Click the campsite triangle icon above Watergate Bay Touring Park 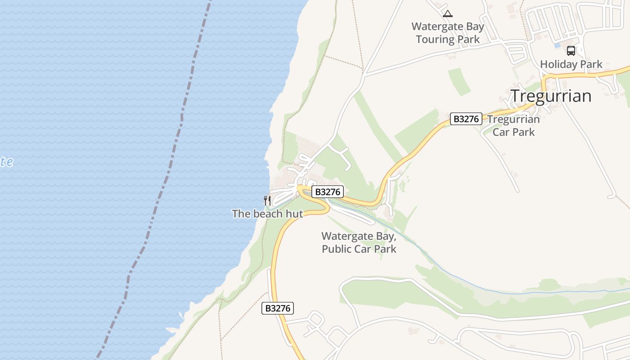[x=447, y=13]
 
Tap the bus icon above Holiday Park [x=571, y=51]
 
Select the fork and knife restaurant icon [x=267, y=200]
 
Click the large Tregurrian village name [x=551, y=96]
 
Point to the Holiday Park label [x=571, y=64]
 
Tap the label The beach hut [x=267, y=214]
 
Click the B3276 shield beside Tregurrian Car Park [x=466, y=119]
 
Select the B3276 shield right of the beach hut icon [x=328, y=192]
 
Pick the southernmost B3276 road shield [x=278, y=308]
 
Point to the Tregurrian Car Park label [x=513, y=126]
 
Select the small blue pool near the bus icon [x=558, y=45]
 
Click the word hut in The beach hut [x=293, y=214]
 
